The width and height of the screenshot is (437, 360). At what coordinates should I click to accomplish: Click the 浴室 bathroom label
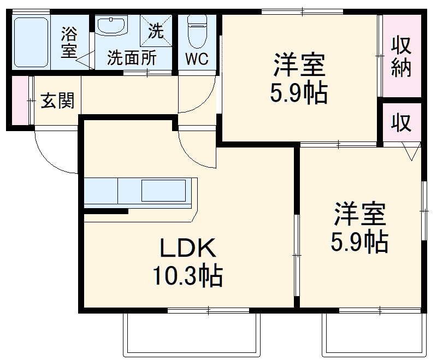pos(69,42)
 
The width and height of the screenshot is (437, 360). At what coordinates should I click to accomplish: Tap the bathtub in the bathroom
pos(31,42)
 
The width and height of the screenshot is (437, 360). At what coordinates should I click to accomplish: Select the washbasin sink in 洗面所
pos(111,26)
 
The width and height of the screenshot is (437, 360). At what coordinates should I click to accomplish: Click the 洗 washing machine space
pos(155,31)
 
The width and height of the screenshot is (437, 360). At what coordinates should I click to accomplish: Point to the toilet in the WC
pos(196,31)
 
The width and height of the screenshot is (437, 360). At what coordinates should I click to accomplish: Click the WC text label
pos(197,58)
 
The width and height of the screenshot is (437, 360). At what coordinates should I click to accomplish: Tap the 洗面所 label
pos(131,58)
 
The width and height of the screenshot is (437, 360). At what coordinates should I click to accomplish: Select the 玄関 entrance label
pos(57,101)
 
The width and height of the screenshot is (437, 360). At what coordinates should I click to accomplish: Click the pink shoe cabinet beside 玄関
pos(19,101)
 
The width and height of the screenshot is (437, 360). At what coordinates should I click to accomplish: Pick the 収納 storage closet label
pos(401,57)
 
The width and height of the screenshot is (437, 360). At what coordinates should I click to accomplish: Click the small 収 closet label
pos(401,123)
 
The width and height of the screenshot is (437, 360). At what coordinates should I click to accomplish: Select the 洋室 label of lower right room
pos(360,214)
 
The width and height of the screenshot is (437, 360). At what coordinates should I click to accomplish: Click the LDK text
pos(188,250)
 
